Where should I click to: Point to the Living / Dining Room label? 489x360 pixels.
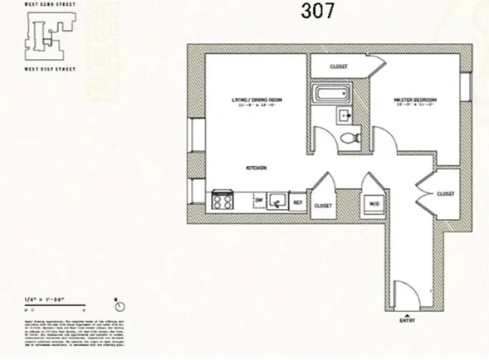[x=257, y=102]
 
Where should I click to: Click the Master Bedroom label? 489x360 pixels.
[x=414, y=102]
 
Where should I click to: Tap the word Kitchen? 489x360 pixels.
[x=256, y=168]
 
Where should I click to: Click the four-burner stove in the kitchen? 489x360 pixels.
[x=222, y=201]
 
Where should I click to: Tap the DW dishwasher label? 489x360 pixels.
[x=258, y=201]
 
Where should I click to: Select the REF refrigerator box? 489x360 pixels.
[x=298, y=201]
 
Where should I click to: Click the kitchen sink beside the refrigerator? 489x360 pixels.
[x=278, y=201]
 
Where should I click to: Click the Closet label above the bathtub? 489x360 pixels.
[x=338, y=66]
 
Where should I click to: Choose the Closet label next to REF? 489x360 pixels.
[x=324, y=205]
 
